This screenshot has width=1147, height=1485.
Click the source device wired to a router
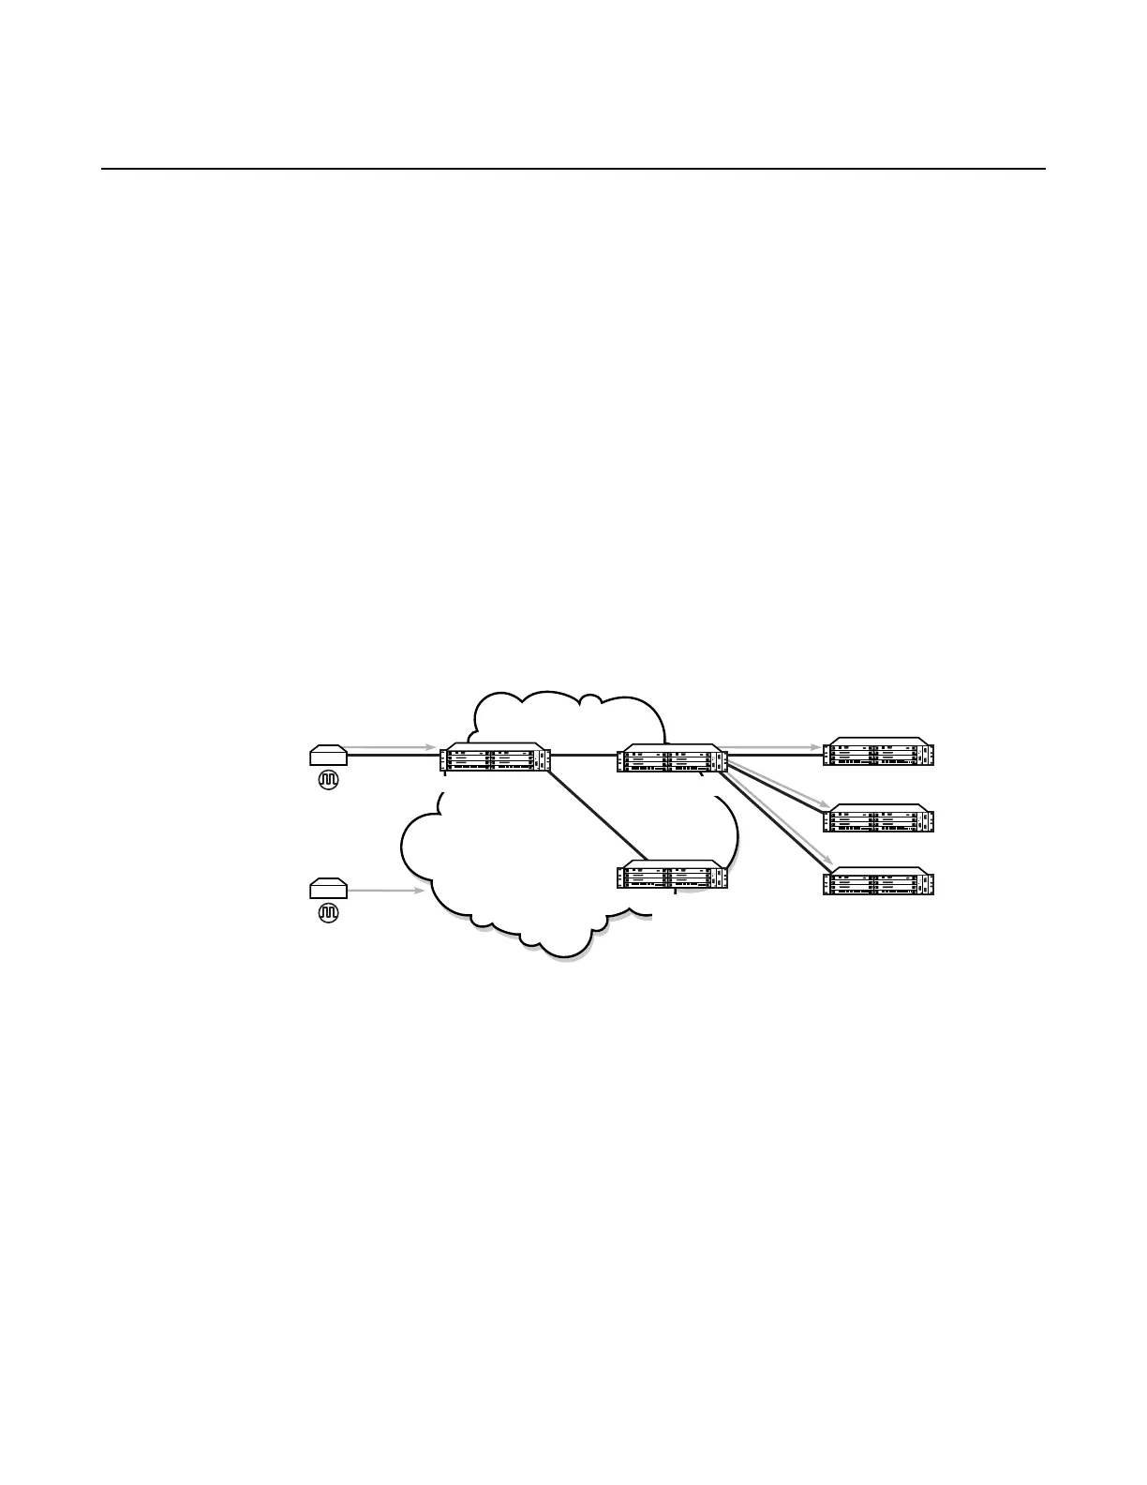pyautogui.click(x=328, y=754)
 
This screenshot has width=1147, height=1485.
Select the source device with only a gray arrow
pyautogui.click(x=328, y=886)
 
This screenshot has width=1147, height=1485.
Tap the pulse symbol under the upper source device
pyautogui.click(x=328, y=778)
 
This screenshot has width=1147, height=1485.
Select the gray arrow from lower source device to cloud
pyautogui.click(x=386, y=891)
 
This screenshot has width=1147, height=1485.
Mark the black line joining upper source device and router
pyautogui.click(x=394, y=755)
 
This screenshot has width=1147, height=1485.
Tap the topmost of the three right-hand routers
pyautogui.click(x=878, y=752)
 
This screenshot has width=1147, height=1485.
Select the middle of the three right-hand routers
pyautogui.click(x=878, y=817)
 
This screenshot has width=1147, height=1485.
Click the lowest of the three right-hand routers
pyautogui.click(x=878, y=882)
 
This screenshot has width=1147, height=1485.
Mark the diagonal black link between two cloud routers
pyautogui.click(x=596, y=815)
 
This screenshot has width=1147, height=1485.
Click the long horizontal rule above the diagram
pyautogui.click(x=573, y=169)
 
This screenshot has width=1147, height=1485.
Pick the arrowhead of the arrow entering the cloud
pyautogui.click(x=421, y=891)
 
